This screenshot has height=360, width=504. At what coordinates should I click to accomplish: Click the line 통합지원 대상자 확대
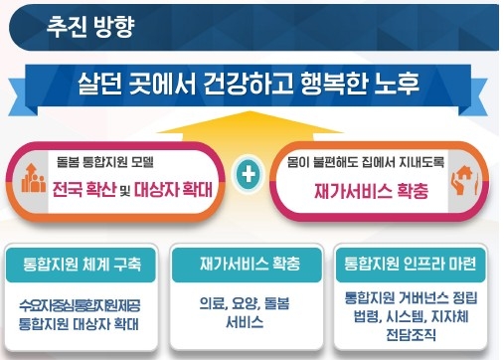pyautogui.click(x=81, y=323)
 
